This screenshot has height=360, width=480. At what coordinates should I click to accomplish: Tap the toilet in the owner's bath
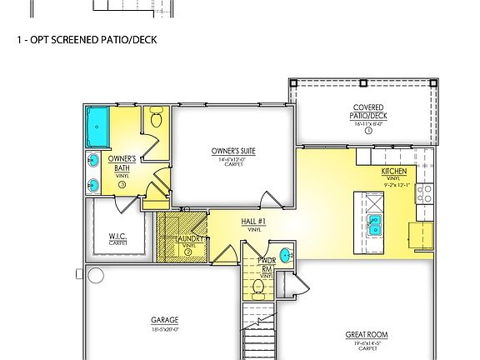point(156,118)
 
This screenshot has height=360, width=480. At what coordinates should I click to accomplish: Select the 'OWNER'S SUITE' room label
point(232,152)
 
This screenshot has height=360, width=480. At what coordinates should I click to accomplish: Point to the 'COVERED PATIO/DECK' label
point(368,111)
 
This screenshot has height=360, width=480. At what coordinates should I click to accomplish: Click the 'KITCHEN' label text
point(394,171)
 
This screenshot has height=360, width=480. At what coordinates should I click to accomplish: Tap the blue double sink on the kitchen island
point(376,224)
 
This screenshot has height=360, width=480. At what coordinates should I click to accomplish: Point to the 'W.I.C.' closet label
point(117,237)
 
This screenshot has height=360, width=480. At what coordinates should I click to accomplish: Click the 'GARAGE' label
point(164,319)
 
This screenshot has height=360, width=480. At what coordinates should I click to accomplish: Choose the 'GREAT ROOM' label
point(367,334)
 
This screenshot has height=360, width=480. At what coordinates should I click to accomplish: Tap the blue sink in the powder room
point(287,255)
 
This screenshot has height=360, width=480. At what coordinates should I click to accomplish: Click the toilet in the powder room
point(258,287)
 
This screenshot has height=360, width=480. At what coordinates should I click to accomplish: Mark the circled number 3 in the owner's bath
point(122,184)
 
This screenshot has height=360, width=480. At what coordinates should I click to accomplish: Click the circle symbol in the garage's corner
point(96,276)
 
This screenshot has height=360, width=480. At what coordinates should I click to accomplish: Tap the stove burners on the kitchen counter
point(427,193)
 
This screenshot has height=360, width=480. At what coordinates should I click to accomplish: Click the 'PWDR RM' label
point(267,265)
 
